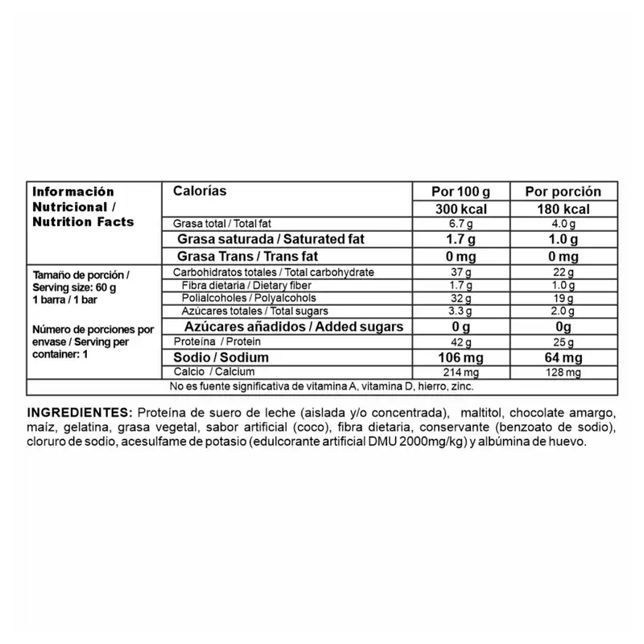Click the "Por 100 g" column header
click(460, 192)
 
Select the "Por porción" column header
click(563, 192)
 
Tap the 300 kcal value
click(460, 209)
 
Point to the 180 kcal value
click(563, 209)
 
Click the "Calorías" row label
click(200, 191)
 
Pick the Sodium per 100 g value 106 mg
click(460, 357)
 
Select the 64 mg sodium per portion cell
click(563, 357)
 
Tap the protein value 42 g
click(460, 342)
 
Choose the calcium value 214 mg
click(460, 372)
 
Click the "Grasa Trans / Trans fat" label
click(248, 257)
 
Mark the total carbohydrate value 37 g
click(460, 273)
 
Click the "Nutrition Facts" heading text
click(83, 221)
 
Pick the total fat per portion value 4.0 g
click(563, 224)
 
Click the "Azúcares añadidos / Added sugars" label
click(294, 327)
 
